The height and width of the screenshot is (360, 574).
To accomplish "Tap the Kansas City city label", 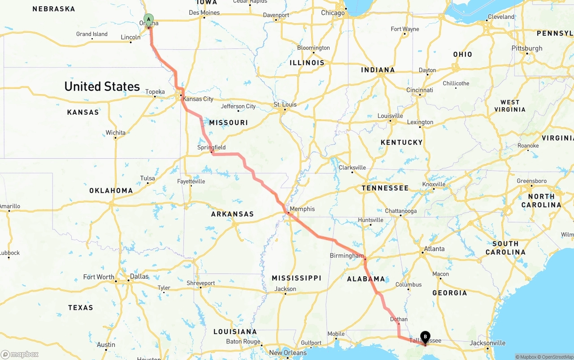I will (x=198, y=99).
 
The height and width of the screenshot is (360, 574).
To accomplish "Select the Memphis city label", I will (x=302, y=209).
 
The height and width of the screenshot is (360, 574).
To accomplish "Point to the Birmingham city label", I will (x=347, y=256).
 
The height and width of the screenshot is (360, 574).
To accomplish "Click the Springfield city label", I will (x=212, y=147).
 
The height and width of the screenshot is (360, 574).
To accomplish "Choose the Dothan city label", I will (x=399, y=319).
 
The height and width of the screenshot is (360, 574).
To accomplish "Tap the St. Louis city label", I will (x=285, y=104).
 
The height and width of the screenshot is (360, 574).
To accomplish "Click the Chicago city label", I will (x=333, y=13).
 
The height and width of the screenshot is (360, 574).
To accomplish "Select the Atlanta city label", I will (x=434, y=249).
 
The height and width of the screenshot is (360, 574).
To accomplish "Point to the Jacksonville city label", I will (x=487, y=343).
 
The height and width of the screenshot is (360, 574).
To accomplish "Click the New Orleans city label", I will (x=288, y=353).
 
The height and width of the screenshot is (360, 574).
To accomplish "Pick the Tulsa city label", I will (x=148, y=178).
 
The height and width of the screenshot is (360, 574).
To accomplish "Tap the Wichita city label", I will (x=116, y=133).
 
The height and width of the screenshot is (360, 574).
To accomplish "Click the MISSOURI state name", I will (x=228, y=122).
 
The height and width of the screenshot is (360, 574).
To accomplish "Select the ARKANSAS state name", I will (x=232, y=214).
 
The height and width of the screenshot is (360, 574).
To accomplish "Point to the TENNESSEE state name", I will (x=385, y=188).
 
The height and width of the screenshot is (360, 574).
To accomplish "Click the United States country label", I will (x=102, y=86).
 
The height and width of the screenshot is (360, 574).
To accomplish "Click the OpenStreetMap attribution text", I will (x=555, y=357).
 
